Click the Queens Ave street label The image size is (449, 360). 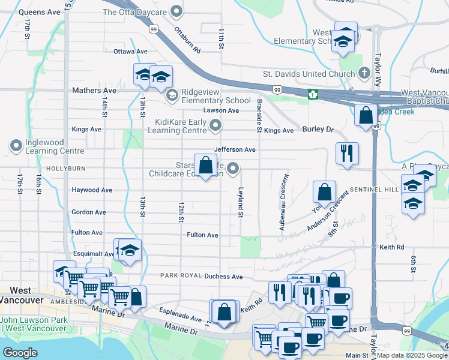coord(40,11)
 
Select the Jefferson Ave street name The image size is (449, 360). coord(235,149)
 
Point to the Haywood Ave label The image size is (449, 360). coord(92,190)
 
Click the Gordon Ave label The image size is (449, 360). coord(89,212)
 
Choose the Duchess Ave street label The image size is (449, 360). coord(223,277)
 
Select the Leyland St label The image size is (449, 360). coord(240,202)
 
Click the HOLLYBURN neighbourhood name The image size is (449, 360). coord(66,169)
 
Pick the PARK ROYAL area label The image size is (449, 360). coord(179,275)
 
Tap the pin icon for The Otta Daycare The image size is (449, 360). coord(176,11)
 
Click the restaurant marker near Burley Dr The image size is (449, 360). coord(347,154)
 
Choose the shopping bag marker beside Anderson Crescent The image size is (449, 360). coord(324,193)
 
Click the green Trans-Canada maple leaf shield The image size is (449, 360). coord(313,94)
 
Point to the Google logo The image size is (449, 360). coord(20,353)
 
